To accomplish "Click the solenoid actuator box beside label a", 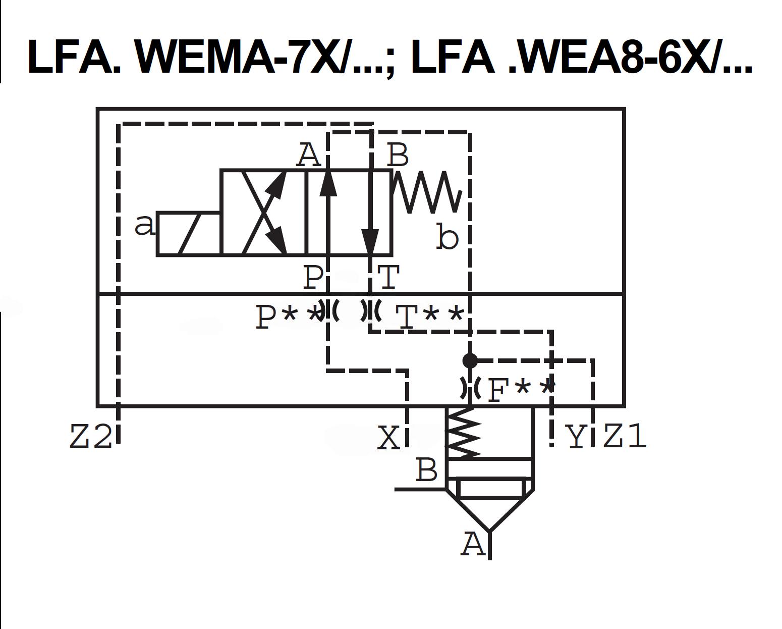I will coord(189,234).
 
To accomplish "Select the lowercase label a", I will coord(145,225).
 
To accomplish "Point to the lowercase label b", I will coord(447,238).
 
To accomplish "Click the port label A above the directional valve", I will coord(308,154).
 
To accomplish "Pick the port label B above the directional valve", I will coord(398,154).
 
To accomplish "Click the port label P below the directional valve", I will coord(313,277).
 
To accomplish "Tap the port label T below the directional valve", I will coord(388,277).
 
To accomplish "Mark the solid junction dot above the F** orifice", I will coord(470,360).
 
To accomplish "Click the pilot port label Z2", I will coord(90,437).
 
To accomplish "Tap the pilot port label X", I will coord(389,437).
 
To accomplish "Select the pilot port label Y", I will coord(575,437).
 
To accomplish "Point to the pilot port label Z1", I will coord(625,437).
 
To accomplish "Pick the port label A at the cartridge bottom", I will coord(473,544).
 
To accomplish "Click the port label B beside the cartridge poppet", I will coord(426,470).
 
